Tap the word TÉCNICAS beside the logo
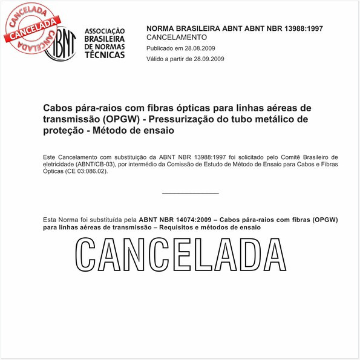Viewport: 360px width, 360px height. [x=105, y=54]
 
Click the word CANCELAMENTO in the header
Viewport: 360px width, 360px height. [x=177, y=38]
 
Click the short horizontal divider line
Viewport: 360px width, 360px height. [x=191, y=193]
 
